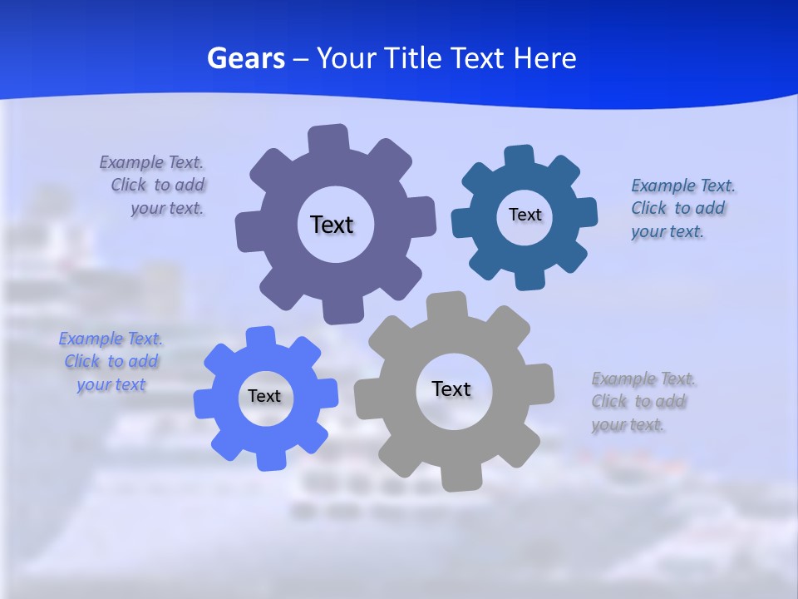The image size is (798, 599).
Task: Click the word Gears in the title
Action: click(x=245, y=58)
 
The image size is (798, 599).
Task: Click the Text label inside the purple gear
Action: click(x=332, y=225)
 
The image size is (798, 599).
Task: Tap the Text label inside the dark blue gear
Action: click(x=525, y=215)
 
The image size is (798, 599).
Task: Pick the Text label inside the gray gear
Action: click(x=451, y=389)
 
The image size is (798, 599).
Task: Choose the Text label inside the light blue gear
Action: click(x=264, y=396)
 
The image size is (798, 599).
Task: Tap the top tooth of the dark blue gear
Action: click(x=519, y=156)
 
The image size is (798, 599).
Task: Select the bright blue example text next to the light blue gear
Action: click(x=111, y=361)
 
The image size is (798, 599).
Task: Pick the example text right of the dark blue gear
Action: click(x=682, y=208)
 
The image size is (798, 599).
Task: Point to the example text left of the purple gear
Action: click(x=155, y=185)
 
